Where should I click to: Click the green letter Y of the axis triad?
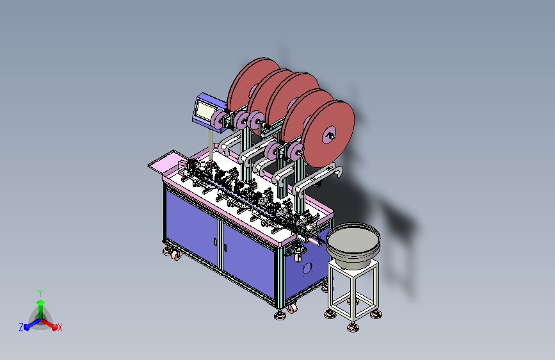click(x=40, y=293)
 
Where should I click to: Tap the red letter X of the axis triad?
click(x=60, y=327)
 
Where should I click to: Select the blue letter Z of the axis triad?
click(x=21, y=327)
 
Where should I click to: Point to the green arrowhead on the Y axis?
click(x=41, y=302)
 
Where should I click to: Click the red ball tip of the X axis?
click(x=54, y=327)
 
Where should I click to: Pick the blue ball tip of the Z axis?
click(x=26, y=327)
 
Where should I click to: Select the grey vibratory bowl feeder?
click(x=353, y=244)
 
